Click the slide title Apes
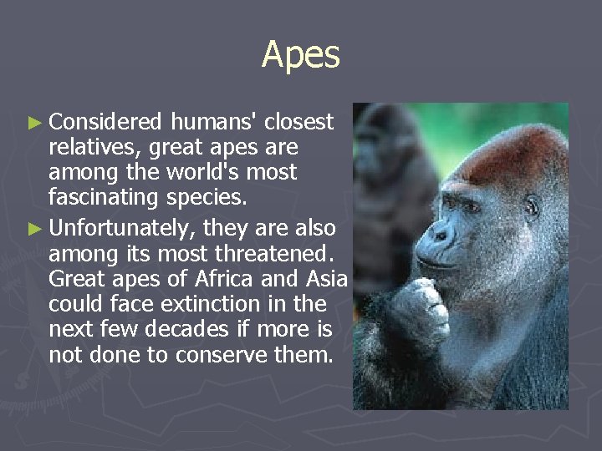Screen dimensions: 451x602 [x=301, y=55]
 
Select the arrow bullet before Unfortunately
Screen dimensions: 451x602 [x=33, y=229]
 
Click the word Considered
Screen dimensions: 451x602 [x=105, y=123]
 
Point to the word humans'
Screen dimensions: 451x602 [x=213, y=123]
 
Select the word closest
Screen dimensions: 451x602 [x=299, y=123]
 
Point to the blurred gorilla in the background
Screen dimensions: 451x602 [x=393, y=167]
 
